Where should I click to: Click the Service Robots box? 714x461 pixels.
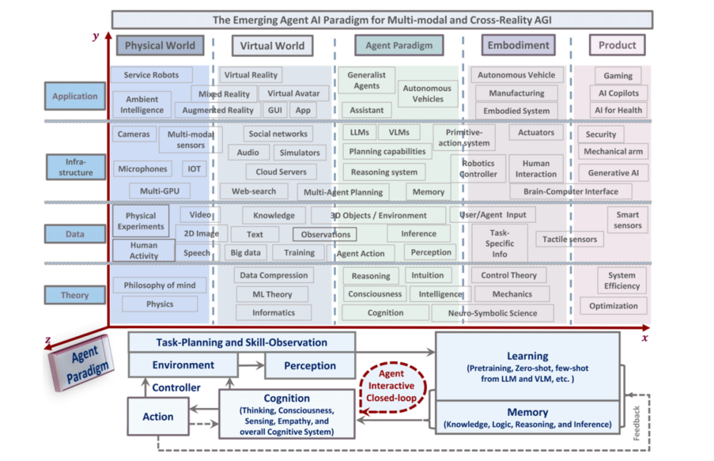click(151, 75)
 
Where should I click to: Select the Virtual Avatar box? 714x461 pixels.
click(293, 93)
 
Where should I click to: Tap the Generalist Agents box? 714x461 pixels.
click(366, 80)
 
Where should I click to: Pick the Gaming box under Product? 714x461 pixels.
click(618, 75)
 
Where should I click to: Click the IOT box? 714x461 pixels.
click(193, 169)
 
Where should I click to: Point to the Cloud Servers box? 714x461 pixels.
click(281, 172)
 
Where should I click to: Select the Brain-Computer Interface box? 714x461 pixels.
click(571, 192)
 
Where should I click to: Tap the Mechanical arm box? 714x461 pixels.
click(613, 152)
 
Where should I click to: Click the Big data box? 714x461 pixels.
click(246, 252)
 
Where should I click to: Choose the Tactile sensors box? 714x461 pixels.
click(569, 239)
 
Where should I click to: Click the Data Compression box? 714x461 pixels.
click(274, 275)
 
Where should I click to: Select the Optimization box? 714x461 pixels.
click(613, 306)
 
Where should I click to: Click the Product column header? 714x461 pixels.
click(617, 45)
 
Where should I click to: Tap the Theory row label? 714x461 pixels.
click(74, 295)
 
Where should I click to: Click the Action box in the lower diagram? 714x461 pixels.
click(158, 417)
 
